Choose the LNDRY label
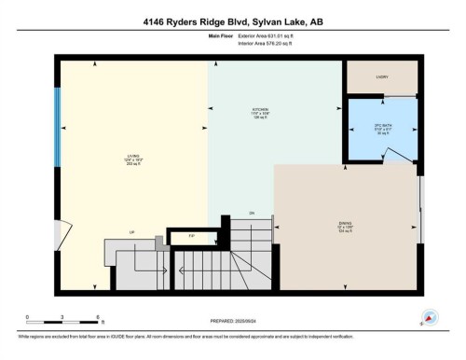tap(381, 77)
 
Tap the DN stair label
tap(252, 214)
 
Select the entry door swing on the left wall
tap(62, 233)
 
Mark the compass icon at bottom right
tap(431, 317)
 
